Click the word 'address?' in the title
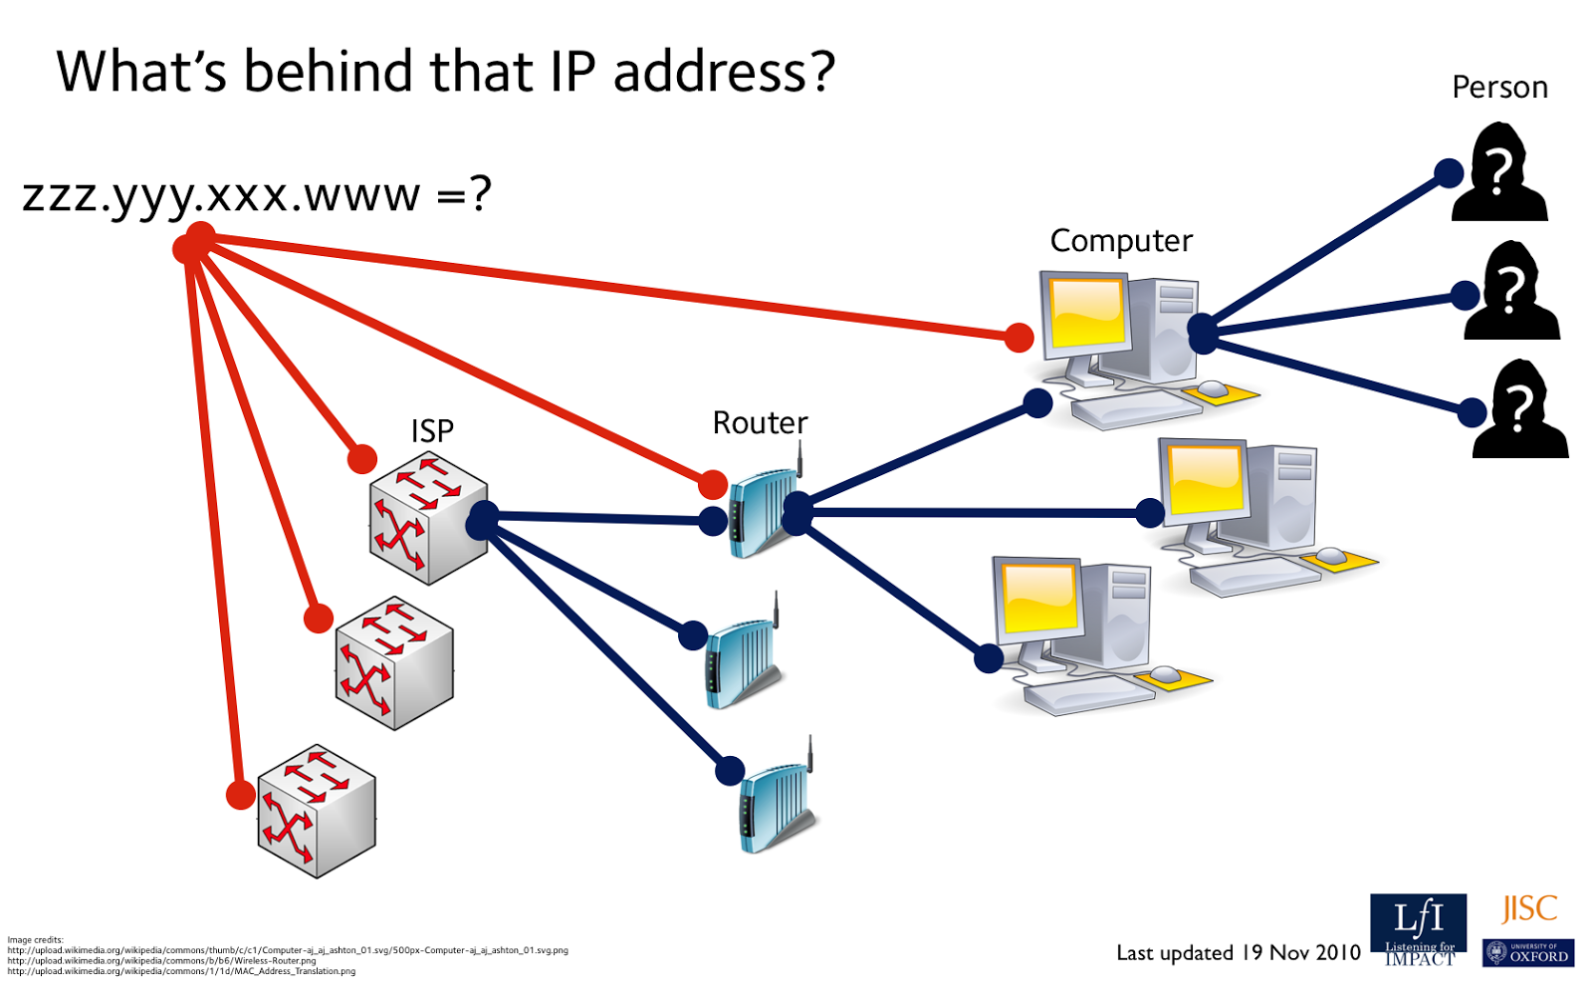coord(724,72)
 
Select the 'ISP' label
coord(432,430)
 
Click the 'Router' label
coord(760,423)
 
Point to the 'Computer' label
coord(1121,241)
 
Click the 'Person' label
coord(1499,88)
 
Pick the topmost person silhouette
coord(1500,174)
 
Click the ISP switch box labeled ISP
coord(428,518)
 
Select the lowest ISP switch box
coord(317,812)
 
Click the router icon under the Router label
coord(765,513)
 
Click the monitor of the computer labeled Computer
coord(1085,312)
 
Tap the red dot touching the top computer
coord(1019,338)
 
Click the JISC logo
coord(1529,908)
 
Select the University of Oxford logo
coord(1527,953)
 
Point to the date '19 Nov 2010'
coord(1300,952)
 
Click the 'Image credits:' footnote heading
coord(35,939)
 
